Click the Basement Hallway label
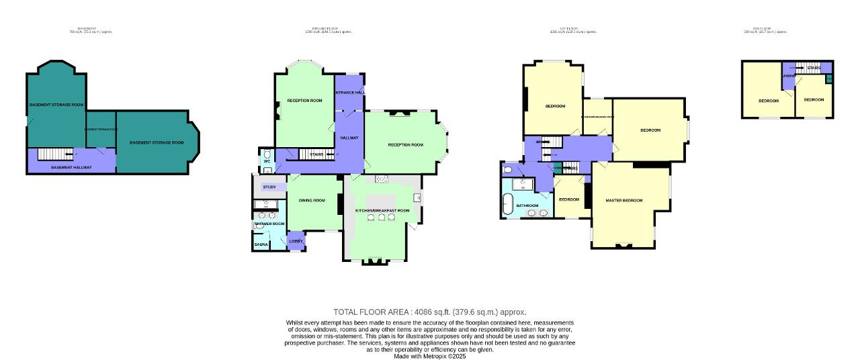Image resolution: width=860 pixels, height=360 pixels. click(x=71, y=167)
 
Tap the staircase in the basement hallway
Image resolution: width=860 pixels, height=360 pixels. click(x=54, y=154)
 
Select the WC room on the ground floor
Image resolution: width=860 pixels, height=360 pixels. click(x=267, y=162)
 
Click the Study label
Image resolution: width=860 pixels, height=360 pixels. click(x=269, y=187)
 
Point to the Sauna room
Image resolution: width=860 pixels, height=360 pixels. click(x=261, y=244)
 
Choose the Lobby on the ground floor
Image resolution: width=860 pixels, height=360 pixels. click(x=296, y=241)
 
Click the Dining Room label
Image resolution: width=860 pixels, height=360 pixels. click(x=311, y=200)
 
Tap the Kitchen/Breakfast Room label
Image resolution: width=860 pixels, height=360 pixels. click(x=382, y=211)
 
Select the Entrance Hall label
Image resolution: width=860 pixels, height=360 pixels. click(x=349, y=92)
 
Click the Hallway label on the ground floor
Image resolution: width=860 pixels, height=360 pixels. click(x=349, y=138)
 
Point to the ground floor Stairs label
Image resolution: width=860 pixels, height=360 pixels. click(x=316, y=154)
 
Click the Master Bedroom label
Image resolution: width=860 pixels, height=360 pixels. click(x=623, y=200)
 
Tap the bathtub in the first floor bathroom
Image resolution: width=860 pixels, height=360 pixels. click(x=508, y=204)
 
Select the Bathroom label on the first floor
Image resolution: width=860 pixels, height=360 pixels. click(x=527, y=206)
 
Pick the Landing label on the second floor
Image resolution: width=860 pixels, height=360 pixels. click(x=789, y=76)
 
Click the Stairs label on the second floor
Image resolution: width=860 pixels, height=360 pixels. click(x=814, y=68)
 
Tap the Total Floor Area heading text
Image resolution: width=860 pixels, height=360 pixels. click(x=430, y=312)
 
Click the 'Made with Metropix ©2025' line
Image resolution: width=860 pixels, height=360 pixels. click(x=430, y=357)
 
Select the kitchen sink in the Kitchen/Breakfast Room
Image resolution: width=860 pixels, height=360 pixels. click(x=382, y=179)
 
